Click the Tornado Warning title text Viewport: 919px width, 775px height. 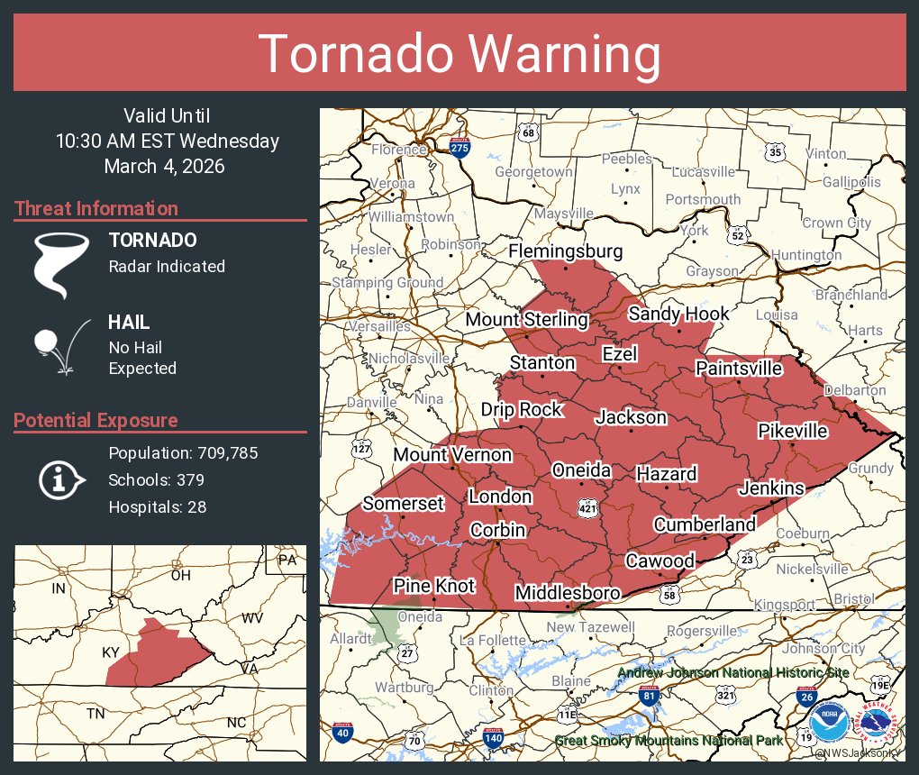pos(459,55)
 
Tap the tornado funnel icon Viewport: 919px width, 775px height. pos(61,265)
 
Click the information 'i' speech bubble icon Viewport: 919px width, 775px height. pos(60,479)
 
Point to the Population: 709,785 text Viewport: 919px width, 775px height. pos(183,452)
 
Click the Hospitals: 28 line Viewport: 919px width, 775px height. pos(157,506)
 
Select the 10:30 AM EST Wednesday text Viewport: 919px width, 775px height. pos(167,141)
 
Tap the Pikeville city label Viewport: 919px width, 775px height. pos(792,431)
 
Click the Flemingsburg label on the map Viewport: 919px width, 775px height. pos(565,251)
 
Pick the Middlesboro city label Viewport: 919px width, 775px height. pos(567,593)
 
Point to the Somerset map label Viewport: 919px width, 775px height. pos(403,503)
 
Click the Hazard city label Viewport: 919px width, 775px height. pos(666,474)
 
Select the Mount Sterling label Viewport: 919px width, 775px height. pos(526,319)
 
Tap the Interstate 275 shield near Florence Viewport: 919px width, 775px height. pos(459,147)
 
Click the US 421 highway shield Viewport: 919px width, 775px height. pos(587,506)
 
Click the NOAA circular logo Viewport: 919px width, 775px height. pos(829,723)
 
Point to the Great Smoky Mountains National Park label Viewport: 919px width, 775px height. pos(668,741)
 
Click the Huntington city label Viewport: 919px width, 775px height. pos(806,255)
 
